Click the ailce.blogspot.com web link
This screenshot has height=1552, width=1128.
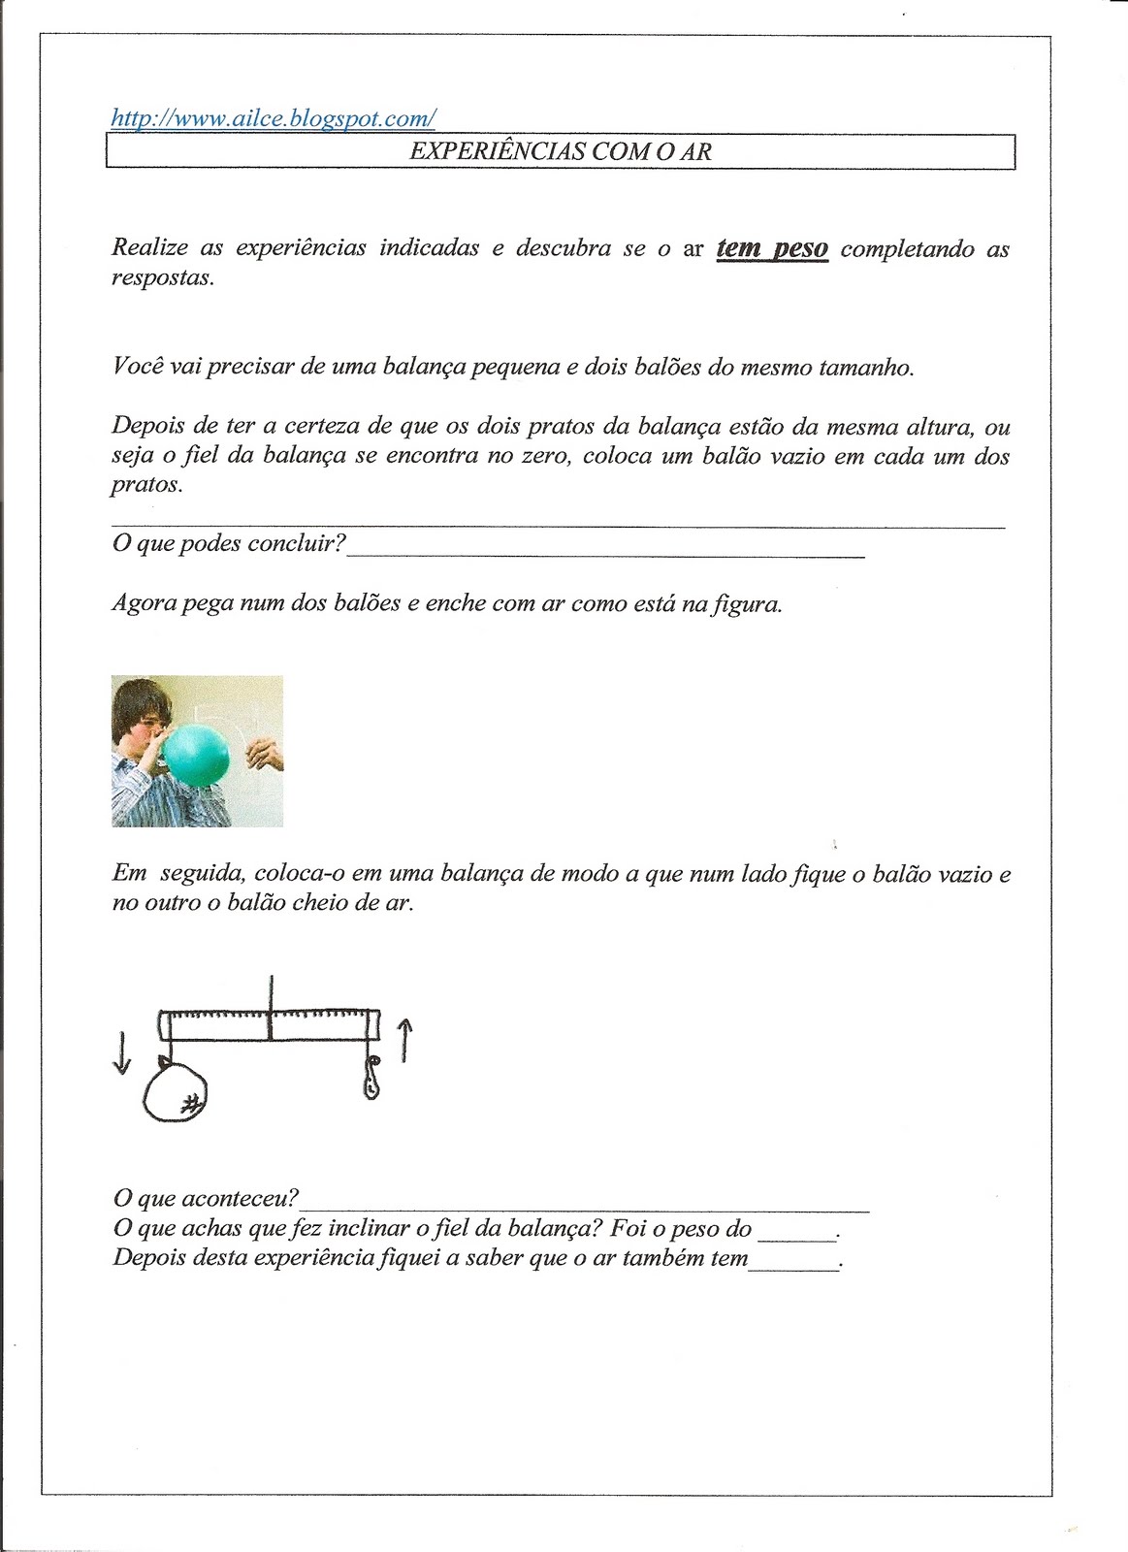click(273, 118)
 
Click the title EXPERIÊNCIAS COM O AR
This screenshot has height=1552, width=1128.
click(561, 151)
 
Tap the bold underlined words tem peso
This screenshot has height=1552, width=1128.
click(772, 248)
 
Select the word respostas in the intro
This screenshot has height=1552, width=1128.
click(162, 277)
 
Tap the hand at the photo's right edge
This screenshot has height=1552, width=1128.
click(265, 753)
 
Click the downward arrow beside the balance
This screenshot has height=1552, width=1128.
click(121, 1052)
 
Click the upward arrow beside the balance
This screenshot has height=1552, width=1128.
click(404, 1040)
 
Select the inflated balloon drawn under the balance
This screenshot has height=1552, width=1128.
click(177, 1093)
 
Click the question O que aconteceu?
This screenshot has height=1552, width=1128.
click(205, 1199)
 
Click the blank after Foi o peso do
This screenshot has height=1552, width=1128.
click(796, 1232)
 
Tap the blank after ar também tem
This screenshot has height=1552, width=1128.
click(794, 1262)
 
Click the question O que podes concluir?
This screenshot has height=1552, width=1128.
click(229, 543)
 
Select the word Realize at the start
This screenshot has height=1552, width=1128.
click(149, 247)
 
